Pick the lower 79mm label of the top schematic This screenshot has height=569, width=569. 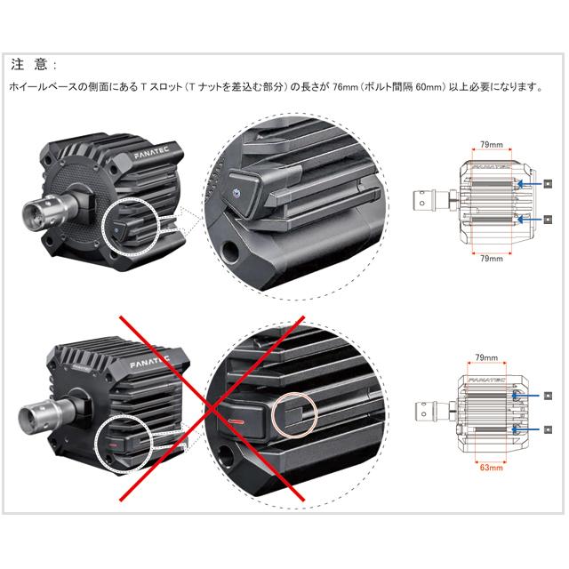tap(492, 259)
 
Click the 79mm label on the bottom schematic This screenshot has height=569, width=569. tap(486, 357)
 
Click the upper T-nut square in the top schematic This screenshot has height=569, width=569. tap(549, 183)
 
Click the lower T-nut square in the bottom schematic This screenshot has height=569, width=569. tap(549, 429)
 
